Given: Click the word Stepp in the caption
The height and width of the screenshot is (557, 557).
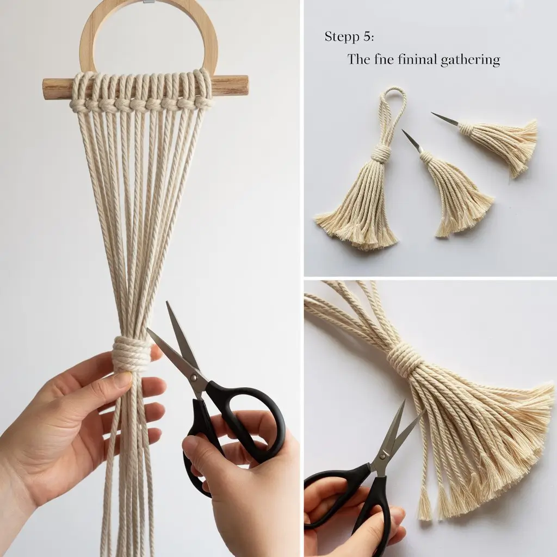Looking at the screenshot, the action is [342, 37].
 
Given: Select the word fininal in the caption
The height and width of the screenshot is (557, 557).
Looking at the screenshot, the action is [417, 59].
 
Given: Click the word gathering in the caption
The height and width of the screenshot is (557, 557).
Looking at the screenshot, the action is [470, 60].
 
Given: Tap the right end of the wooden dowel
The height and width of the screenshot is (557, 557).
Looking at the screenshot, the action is [246, 85].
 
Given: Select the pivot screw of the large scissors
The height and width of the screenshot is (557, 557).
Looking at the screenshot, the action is [194, 376].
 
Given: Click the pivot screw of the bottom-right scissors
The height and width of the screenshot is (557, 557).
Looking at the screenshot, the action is [382, 456].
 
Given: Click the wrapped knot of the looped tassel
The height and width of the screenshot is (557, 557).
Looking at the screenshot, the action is [381, 153].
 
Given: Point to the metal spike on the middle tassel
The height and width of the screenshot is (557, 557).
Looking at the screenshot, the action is [412, 140].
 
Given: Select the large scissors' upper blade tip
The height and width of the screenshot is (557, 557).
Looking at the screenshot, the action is [168, 303].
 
